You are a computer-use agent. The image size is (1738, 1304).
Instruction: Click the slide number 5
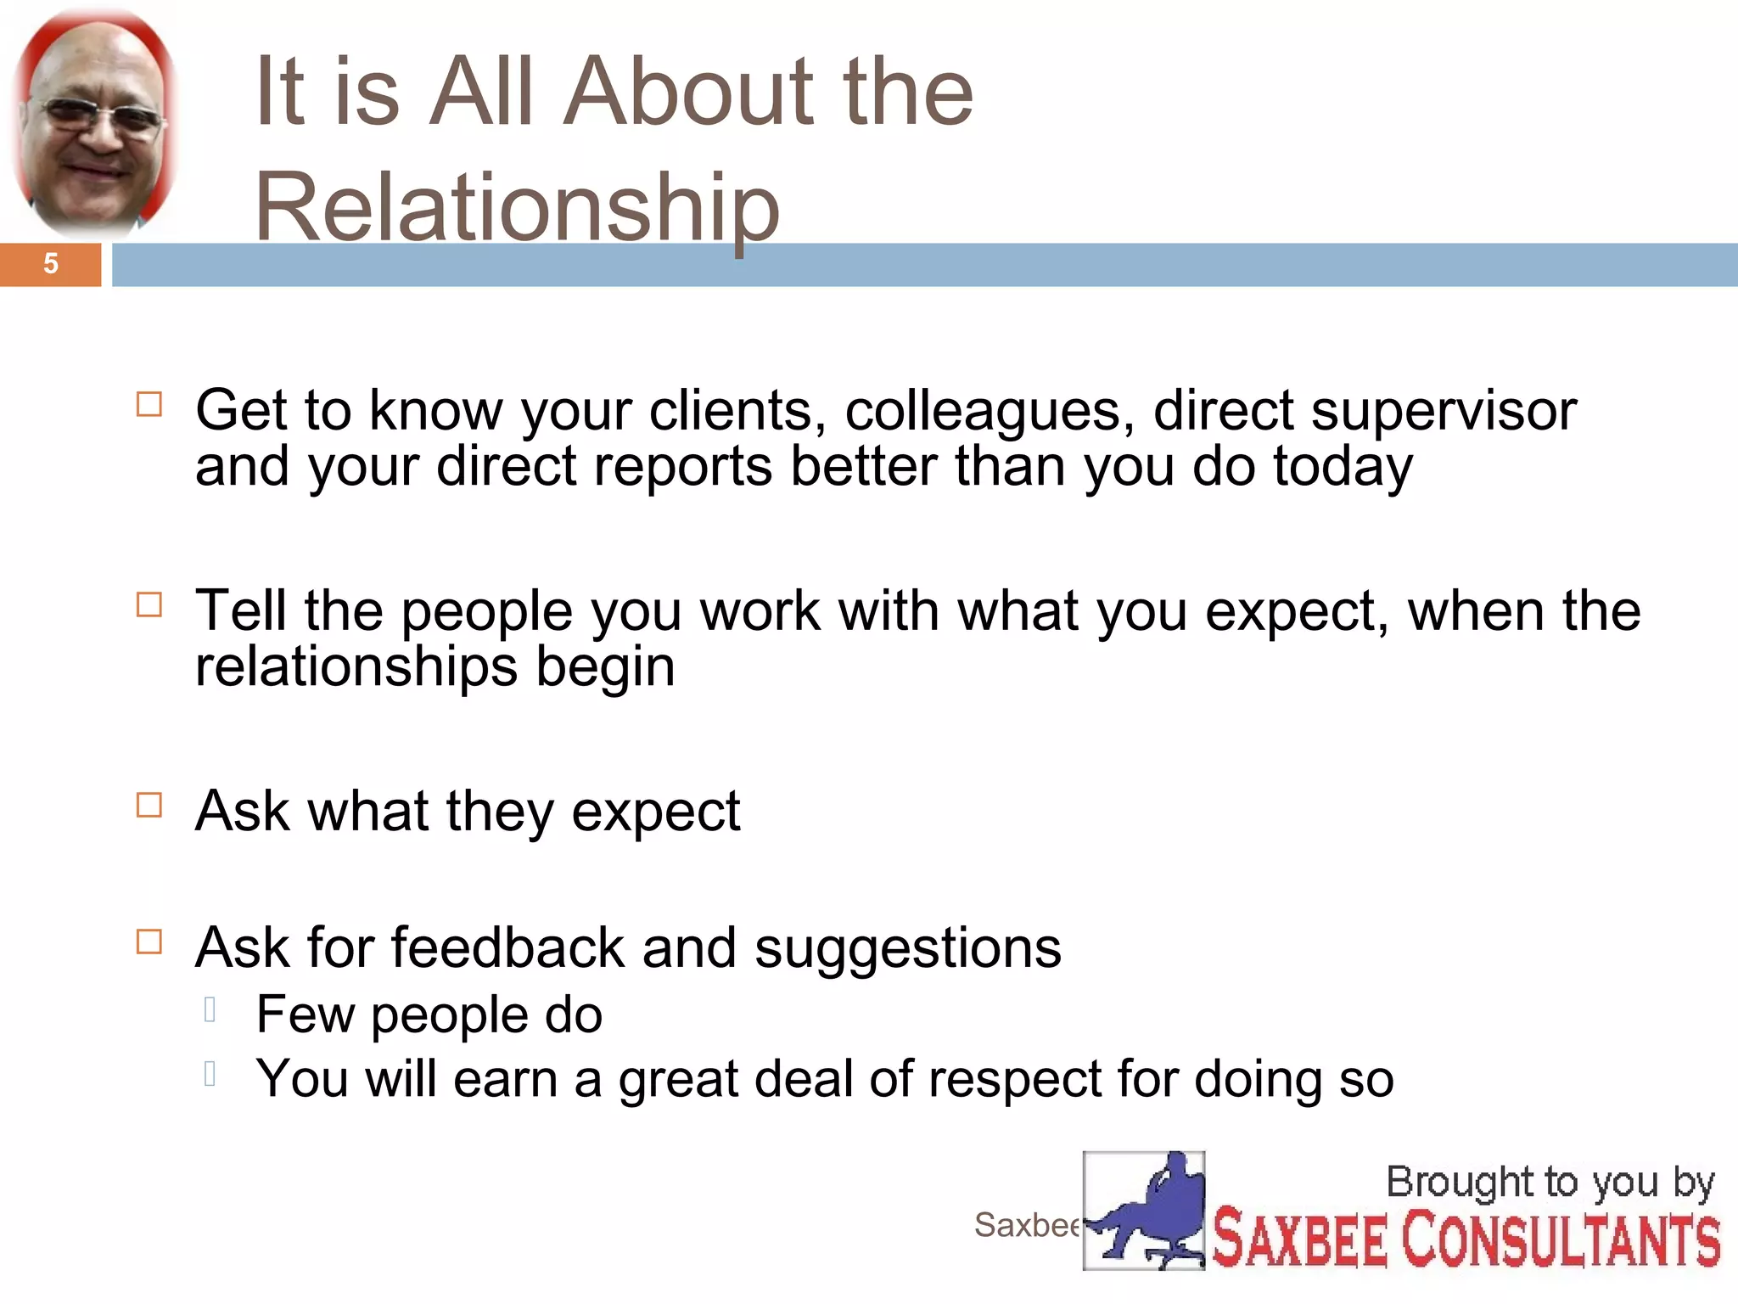[51, 264]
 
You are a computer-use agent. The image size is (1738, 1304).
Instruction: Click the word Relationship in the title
[516, 206]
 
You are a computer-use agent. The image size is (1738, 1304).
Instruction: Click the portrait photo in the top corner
[95, 123]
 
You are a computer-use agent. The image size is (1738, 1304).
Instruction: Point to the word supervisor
[1443, 411]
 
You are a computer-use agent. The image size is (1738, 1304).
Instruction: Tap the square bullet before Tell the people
[149, 604]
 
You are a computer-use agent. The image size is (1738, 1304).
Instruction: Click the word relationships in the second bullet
[356, 666]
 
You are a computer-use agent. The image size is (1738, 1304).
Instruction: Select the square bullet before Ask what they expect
[149, 805]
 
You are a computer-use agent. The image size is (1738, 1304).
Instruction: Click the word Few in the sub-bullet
[306, 1014]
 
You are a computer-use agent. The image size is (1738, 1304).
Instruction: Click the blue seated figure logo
[1143, 1210]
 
